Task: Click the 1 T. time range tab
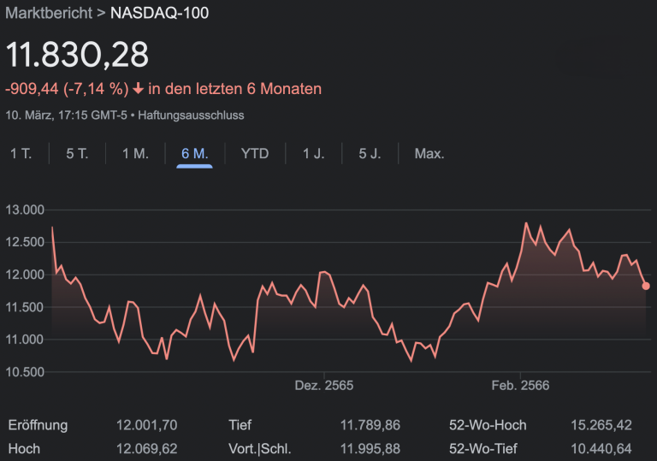pos(21,154)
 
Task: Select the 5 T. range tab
pos(77,154)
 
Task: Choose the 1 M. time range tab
pos(135,154)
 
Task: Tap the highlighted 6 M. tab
pos(195,154)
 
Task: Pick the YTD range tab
pos(255,154)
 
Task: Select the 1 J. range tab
pos(313,154)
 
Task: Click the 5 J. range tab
pos(370,154)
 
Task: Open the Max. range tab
pos(429,154)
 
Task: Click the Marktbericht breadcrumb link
pos(49,14)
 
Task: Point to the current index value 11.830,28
pos(77,54)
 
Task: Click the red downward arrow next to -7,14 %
pos(139,89)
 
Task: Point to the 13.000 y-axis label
pos(24,210)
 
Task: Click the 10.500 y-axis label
pos(24,372)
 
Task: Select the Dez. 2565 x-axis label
pos(324,386)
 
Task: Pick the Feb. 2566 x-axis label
pos(520,386)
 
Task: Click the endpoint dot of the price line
pos(646,287)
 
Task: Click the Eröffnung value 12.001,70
pos(146,425)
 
